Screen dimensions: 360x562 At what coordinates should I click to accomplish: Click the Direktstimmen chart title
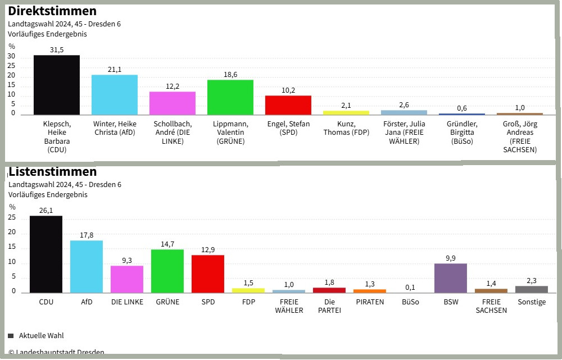click(x=52, y=11)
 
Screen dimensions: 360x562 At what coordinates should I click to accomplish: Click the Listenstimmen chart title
click(x=53, y=171)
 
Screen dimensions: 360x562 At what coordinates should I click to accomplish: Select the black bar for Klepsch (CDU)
click(x=57, y=85)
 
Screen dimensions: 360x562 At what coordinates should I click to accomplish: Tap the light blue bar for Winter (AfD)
click(x=115, y=95)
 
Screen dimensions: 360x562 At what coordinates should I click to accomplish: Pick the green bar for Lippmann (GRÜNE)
click(x=230, y=97)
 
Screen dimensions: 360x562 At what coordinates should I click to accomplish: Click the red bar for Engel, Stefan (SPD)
click(x=288, y=105)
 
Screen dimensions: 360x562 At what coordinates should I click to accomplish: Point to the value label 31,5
click(x=57, y=50)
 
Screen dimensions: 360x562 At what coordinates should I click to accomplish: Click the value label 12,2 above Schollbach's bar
click(x=173, y=86)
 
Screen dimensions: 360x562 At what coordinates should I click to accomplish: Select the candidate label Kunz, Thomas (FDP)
click(x=346, y=128)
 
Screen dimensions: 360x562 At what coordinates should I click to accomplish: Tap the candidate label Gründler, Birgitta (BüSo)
click(x=462, y=133)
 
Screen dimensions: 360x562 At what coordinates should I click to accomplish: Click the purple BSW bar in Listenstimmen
click(x=451, y=278)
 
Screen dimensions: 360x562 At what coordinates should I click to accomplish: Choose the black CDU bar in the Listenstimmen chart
click(x=46, y=254)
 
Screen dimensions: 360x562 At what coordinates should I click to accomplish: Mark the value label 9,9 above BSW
click(x=451, y=258)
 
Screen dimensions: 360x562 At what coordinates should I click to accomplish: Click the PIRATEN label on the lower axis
click(x=370, y=302)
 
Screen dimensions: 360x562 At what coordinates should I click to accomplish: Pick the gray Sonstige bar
click(x=532, y=289)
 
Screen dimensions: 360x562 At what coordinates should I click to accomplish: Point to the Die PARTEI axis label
click(x=329, y=306)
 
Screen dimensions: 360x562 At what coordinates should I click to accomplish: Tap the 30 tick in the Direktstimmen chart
click(x=11, y=57)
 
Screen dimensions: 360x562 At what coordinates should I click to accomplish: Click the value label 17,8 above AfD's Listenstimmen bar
click(x=87, y=235)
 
